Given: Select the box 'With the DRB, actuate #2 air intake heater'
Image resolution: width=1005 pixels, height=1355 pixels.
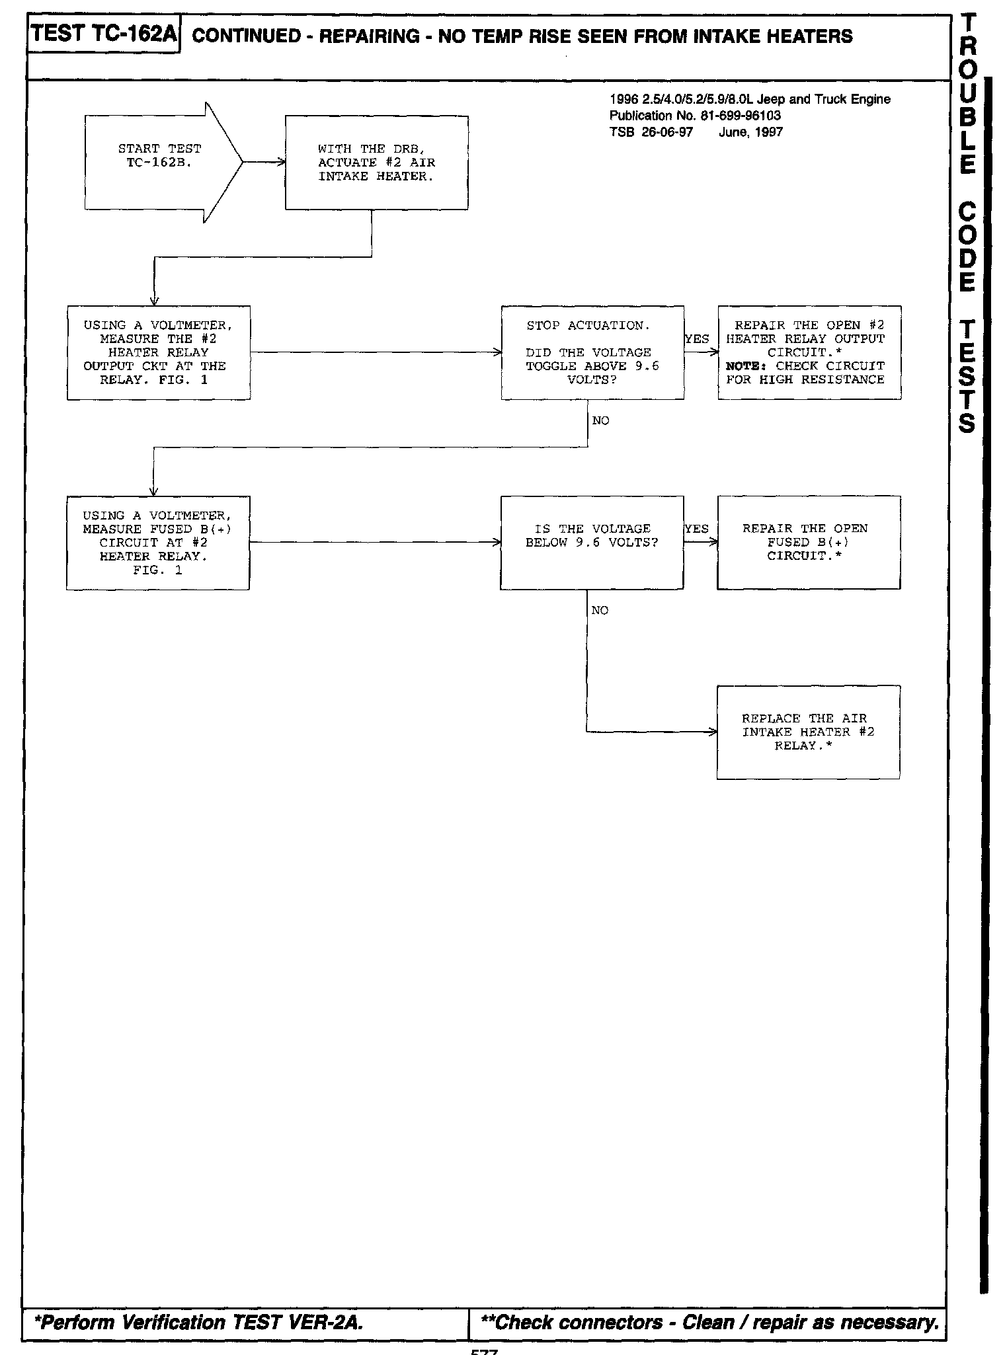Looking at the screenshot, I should [376, 163].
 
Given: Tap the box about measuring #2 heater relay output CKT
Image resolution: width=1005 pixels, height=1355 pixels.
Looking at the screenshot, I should [159, 352].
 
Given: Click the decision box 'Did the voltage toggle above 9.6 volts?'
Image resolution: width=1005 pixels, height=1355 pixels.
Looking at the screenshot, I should [592, 352].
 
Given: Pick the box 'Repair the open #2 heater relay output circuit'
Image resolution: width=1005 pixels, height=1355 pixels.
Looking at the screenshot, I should [809, 352].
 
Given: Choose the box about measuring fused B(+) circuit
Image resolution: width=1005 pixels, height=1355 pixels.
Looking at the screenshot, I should [158, 543].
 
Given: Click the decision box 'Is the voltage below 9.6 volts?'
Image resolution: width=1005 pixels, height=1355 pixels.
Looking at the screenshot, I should [592, 543].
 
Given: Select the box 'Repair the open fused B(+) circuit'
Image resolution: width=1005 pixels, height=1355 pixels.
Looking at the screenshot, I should [809, 543].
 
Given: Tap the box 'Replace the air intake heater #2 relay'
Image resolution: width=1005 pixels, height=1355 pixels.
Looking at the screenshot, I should [808, 732].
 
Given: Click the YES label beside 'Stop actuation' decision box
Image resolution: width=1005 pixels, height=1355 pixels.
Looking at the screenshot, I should [697, 339].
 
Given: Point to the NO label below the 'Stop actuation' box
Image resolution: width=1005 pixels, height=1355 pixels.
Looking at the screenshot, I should [601, 421].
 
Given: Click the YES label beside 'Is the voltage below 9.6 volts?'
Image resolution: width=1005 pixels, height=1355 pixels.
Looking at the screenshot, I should [696, 529].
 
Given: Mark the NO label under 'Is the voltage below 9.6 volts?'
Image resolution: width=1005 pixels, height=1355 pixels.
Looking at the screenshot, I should [600, 611].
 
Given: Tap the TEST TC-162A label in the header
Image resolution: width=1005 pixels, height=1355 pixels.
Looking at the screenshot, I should [103, 34].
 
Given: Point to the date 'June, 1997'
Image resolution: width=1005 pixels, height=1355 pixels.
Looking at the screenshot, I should [750, 132].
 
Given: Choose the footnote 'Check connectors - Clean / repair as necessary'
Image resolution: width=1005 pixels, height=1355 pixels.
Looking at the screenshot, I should [709, 1322].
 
